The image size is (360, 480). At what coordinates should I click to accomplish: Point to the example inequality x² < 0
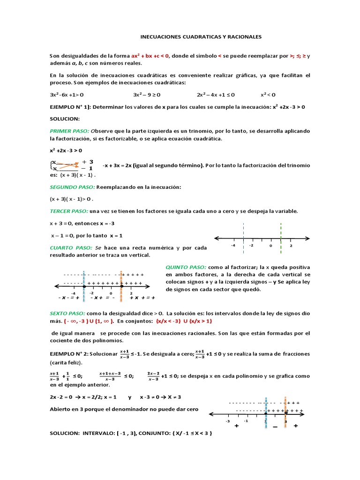click(268, 94)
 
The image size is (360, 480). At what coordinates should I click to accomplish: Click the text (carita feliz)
click(66, 363)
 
